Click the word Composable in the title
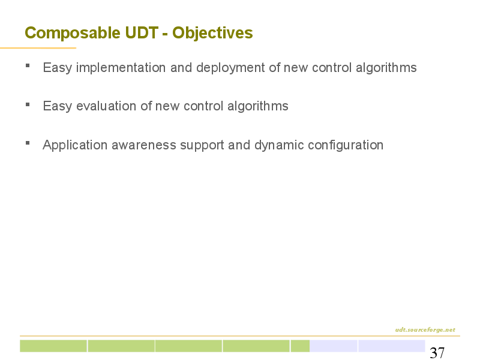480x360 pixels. point(73,33)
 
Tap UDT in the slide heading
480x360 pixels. point(142,32)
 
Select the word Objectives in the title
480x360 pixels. point(212,33)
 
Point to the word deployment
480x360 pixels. point(230,68)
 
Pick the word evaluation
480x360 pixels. point(106,106)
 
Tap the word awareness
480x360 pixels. point(144,145)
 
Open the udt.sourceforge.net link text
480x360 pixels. point(425,329)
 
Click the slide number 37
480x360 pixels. point(437,353)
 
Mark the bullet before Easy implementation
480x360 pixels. point(28,65)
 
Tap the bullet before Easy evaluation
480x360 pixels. point(28,104)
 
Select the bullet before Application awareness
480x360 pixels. point(28,143)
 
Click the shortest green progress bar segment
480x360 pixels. point(300,346)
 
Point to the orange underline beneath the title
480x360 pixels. point(38,48)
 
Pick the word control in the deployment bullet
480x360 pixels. point(332,68)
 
